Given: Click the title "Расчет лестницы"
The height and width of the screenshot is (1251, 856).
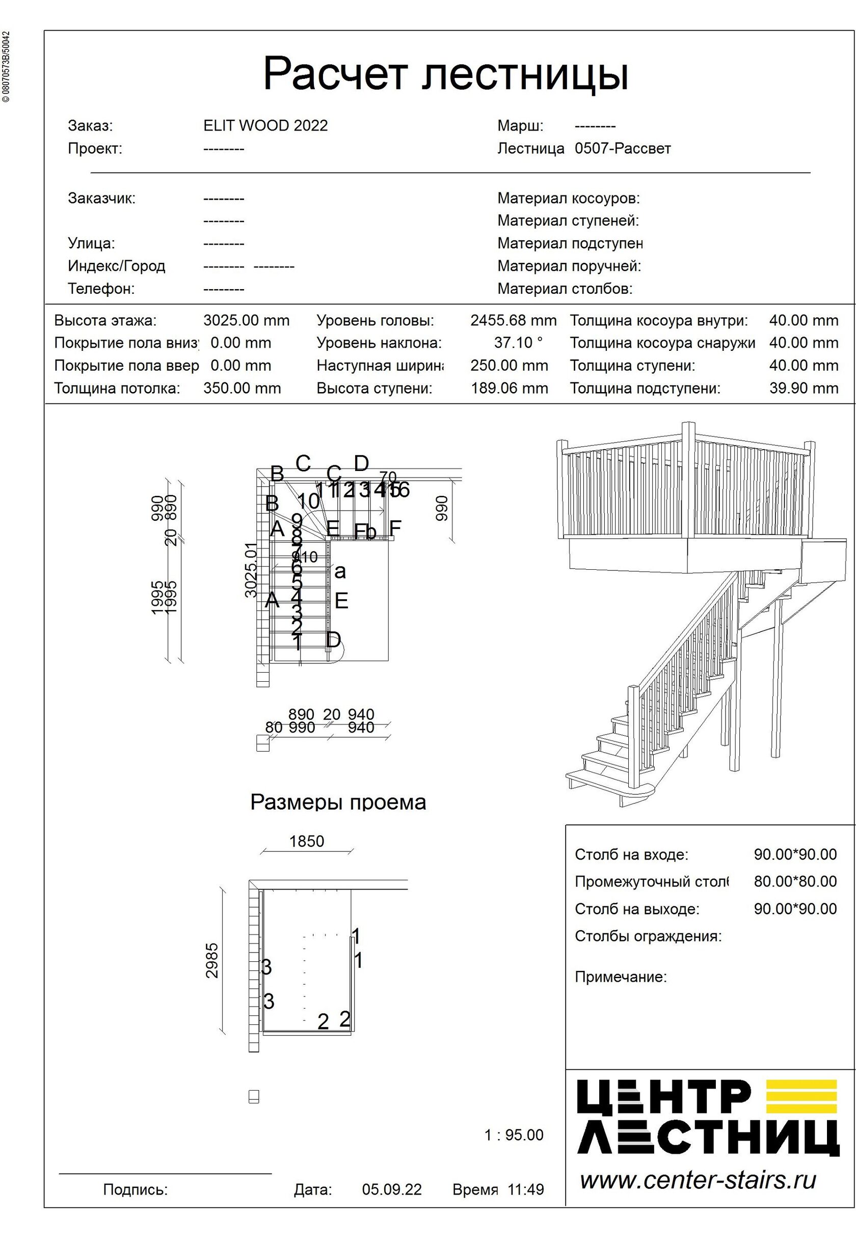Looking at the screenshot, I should [445, 74].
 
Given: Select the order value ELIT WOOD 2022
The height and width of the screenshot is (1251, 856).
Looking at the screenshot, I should [265, 126].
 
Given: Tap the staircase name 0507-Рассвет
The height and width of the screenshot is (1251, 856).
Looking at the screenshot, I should [623, 149].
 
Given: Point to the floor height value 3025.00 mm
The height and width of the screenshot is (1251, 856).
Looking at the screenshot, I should [246, 321].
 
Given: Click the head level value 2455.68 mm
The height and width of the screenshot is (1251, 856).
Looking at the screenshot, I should [513, 321].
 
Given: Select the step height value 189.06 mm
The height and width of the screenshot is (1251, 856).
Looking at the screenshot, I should [509, 388].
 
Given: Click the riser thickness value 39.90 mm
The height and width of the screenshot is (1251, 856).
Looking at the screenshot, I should [803, 388].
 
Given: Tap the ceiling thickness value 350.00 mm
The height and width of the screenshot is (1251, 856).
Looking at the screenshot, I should [242, 388].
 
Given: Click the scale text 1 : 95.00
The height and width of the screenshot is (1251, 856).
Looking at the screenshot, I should [514, 1135].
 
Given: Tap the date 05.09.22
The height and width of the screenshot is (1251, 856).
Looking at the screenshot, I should [392, 1189].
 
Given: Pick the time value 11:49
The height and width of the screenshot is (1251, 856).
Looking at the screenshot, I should [526, 1189].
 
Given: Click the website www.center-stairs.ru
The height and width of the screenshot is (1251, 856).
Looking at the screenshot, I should [698, 1180].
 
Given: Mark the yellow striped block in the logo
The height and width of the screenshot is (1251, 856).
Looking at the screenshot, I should [802, 1097].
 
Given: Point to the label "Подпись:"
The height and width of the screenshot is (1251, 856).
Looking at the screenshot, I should [135, 1189].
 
